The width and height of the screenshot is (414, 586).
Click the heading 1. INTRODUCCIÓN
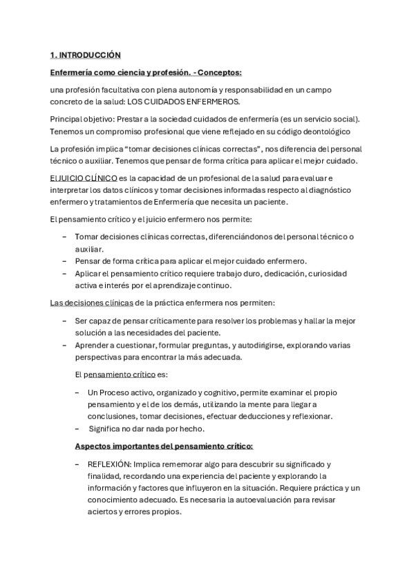pos(85,55)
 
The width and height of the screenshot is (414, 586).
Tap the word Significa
pos(110,428)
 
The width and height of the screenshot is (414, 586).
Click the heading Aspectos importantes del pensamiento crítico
pos(164,446)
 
